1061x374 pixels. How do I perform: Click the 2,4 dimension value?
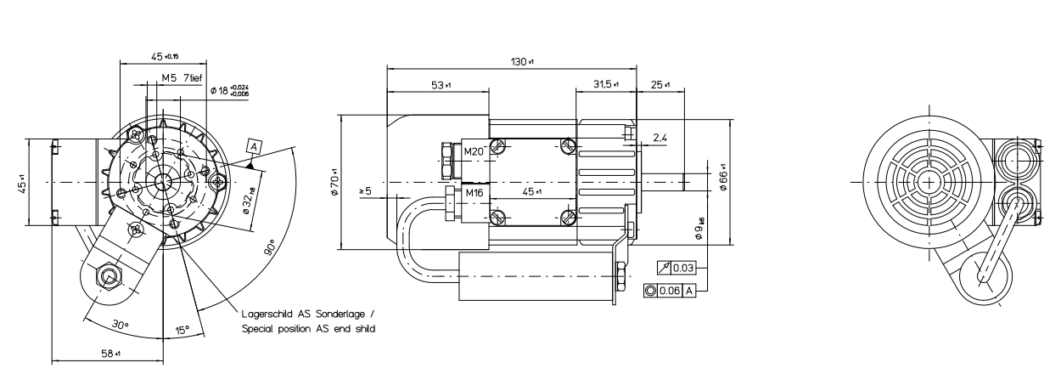[x=660, y=136]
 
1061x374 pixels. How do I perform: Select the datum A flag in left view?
[x=252, y=147]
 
